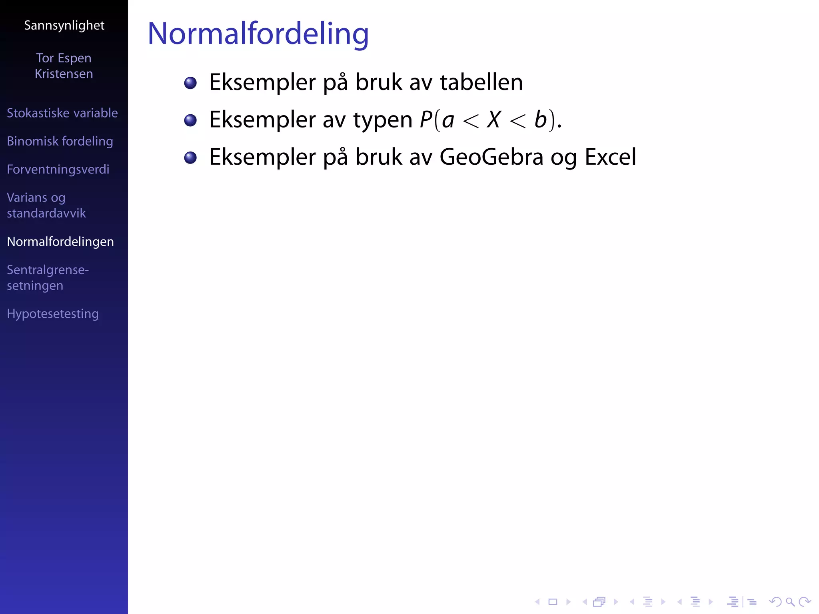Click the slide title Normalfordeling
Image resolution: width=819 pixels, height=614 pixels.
tap(258, 34)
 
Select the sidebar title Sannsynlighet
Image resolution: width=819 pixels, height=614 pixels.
tap(64, 26)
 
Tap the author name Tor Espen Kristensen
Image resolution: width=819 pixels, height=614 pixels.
tap(64, 66)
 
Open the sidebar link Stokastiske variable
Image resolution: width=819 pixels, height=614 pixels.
tap(62, 113)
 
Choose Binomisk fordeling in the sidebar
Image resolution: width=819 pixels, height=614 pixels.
tap(60, 141)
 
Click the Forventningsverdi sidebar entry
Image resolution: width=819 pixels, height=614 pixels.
tap(58, 169)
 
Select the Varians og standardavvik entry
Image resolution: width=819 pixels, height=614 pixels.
tap(46, 205)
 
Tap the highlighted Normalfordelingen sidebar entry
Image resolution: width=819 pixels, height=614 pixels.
tap(60, 242)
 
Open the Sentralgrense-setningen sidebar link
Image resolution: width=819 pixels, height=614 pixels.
tap(48, 278)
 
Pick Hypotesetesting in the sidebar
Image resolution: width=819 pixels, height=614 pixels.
tap(53, 314)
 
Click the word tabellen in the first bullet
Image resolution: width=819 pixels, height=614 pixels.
tap(481, 82)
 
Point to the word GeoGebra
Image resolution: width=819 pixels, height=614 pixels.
tap(491, 157)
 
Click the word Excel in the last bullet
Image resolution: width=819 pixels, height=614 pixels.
tap(610, 157)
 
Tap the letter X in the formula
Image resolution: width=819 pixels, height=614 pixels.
tap(494, 120)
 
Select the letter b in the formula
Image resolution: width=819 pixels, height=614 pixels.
tap(541, 120)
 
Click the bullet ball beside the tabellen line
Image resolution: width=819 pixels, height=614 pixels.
tap(190, 83)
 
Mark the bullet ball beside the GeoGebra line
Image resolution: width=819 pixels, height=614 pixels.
tap(190, 157)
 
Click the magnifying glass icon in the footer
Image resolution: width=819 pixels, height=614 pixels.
tap(790, 602)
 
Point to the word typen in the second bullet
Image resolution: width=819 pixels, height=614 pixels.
tap(383, 120)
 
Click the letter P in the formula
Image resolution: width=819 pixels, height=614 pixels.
tap(426, 120)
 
